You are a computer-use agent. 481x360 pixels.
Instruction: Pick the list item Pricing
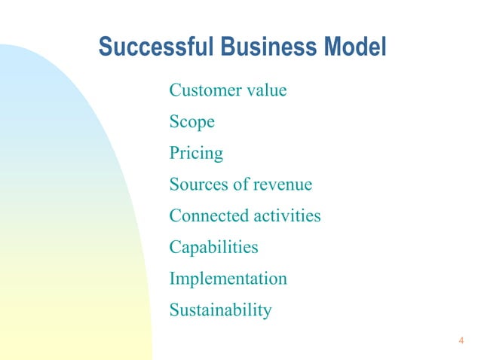pos(196,154)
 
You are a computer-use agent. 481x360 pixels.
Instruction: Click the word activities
pos(286,216)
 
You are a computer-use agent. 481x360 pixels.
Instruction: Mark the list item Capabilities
pos(213,247)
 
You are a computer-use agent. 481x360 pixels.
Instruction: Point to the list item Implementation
pos(228,279)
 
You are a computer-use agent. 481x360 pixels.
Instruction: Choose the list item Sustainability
pos(220,310)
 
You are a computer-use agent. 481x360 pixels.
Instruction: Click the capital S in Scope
pos(174,122)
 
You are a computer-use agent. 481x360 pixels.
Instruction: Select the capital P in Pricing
pos(174,154)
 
